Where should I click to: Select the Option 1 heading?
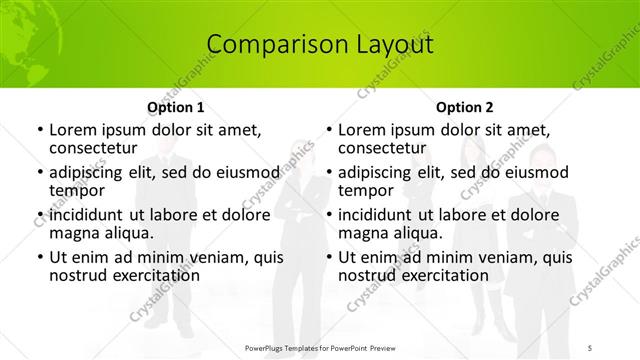pyautogui.click(x=176, y=107)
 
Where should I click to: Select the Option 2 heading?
pyautogui.click(x=465, y=107)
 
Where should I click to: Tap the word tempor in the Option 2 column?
pyautogui.click(x=366, y=190)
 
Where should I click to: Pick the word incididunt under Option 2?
pyautogui.click(x=384, y=214)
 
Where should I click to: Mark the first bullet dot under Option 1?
pyautogui.click(x=39, y=131)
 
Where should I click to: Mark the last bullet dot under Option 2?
pyautogui.click(x=328, y=257)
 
